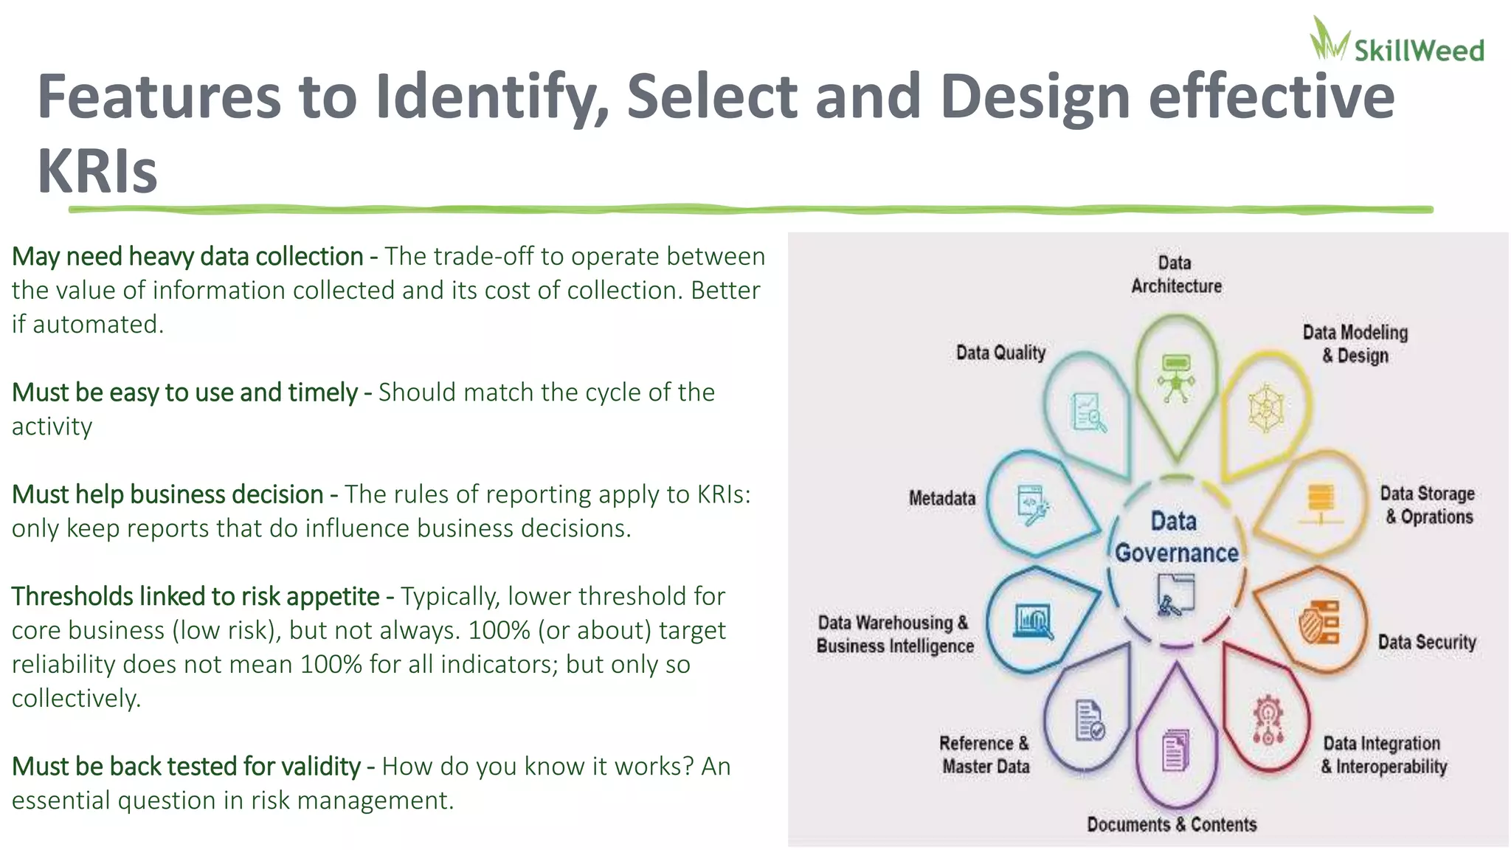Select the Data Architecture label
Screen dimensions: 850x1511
click(1176, 274)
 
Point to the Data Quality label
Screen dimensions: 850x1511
click(1000, 353)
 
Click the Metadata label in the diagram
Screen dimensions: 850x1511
click(941, 499)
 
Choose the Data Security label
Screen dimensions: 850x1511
click(1426, 642)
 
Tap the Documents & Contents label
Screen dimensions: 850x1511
click(1171, 824)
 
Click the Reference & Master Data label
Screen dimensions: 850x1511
click(984, 755)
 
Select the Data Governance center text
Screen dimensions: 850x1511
click(1176, 537)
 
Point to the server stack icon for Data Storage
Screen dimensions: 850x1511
click(1320, 504)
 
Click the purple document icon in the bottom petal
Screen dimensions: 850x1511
click(1175, 750)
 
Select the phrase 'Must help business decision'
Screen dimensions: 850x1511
click(167, 494)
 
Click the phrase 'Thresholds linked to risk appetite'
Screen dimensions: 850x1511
click(196, 596)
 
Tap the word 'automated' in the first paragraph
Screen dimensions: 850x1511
click(97, 325)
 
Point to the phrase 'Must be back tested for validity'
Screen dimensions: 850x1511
click(186, 767)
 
